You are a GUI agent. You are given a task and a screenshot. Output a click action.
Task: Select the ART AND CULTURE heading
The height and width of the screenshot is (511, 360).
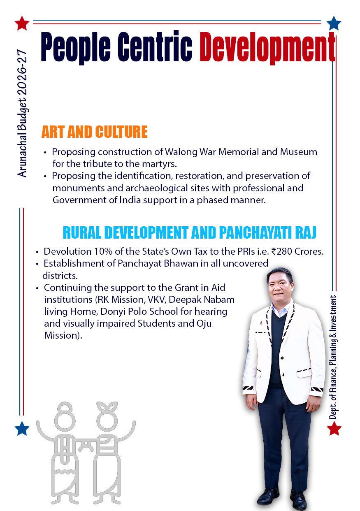tap(94, 132)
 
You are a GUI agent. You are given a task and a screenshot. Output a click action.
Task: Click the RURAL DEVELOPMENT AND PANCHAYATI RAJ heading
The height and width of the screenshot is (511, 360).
tap(189, 232)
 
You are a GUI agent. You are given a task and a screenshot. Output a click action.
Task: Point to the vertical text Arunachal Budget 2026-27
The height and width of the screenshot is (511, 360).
tap(22, 113)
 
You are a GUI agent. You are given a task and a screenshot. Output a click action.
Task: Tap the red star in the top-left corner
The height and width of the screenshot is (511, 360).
tap(21, 23)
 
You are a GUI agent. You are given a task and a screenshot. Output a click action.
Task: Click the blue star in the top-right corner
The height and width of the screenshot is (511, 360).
tap(334, 23)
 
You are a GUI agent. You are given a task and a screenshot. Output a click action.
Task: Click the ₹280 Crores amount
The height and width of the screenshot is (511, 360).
tap(300, 251)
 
